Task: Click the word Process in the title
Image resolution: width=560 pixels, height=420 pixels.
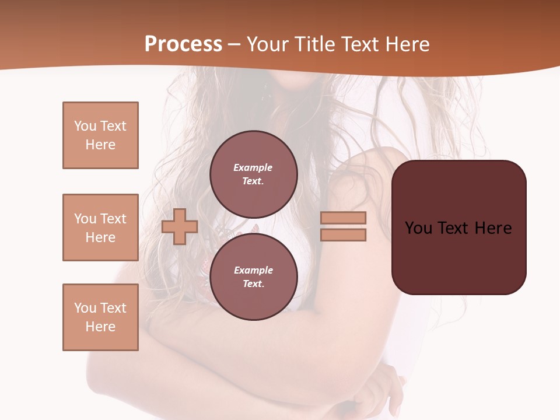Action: (x=183, y=44)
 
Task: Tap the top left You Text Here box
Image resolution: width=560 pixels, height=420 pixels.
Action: (x=100, y=135)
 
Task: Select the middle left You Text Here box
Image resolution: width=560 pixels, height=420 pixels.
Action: (x=100, y=228)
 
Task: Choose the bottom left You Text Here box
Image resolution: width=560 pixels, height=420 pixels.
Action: (x=100, y=317)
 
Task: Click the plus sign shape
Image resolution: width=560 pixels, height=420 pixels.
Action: (x=180, y=226)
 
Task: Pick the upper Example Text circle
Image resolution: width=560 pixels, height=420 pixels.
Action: (x=253, y=174)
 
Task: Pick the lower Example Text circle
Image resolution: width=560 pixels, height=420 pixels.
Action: (x=253, y=277)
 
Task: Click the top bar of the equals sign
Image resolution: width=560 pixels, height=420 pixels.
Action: (x=343, y=218)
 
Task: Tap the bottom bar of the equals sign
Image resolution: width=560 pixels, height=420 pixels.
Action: (x=343, y=235)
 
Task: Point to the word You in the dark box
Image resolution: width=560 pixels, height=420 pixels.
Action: (x=418, y=228)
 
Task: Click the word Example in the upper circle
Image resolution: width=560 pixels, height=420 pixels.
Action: (x=253, y=167)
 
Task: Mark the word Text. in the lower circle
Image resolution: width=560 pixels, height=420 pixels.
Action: (x=253, y=284)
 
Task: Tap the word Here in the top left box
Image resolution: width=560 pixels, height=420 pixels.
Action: (x=100, y=145)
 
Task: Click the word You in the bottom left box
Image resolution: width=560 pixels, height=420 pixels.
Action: (x=85, y=308)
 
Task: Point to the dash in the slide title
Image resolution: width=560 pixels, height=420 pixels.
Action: (x=235, y=44)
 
